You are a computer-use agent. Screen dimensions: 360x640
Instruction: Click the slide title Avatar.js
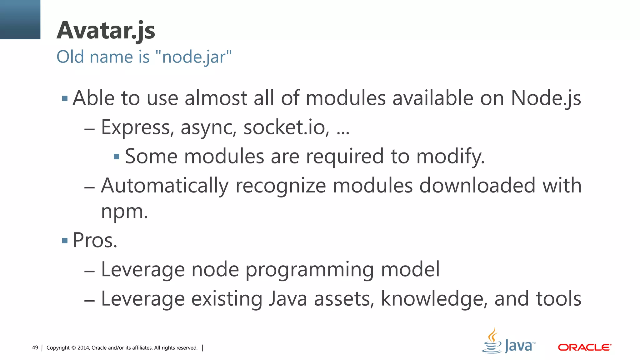[x=106, y=31]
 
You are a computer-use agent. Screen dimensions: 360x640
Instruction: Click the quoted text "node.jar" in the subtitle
[x=193, y=57]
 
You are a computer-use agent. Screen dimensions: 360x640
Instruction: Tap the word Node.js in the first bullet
[x=546, y=98]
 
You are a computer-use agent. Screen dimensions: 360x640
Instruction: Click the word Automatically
[x=165, y=186]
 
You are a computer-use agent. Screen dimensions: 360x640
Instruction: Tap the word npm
[x=124, y=212]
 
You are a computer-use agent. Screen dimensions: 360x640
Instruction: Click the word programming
[x=309, y=270]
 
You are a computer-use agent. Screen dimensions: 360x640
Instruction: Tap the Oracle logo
[x=584, y=347]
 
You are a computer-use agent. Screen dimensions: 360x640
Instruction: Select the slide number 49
[x=35, y=348]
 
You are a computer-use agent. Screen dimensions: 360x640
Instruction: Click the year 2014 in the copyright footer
[x=83, y=348]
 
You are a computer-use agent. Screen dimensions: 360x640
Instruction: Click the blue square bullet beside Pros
[x=65, y=241]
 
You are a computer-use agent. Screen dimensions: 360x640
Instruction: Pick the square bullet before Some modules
[x=117, y=157]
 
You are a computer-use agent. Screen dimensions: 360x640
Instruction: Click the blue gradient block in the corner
[x=20, y=19]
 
